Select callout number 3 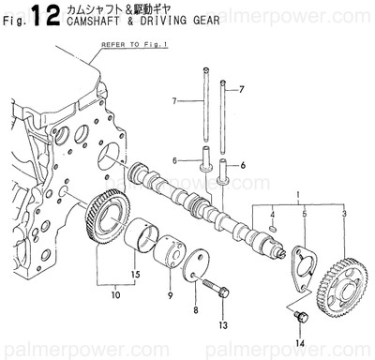344,217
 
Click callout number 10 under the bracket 115,295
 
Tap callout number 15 135,274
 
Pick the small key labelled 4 272,227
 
